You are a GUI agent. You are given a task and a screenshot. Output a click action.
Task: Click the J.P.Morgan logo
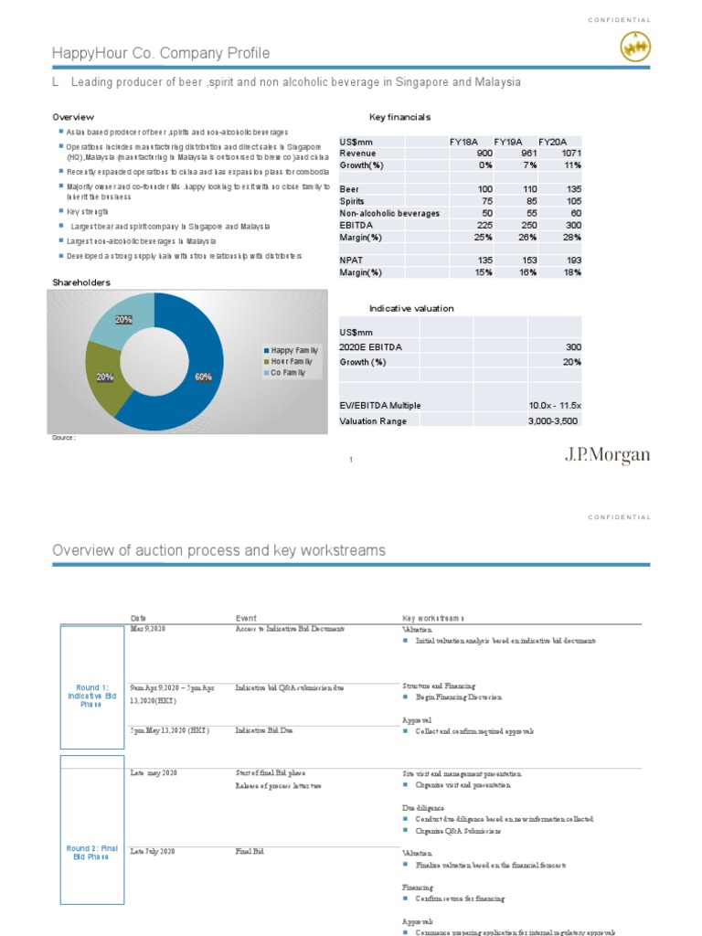pyautogui.click(x=607, y=454)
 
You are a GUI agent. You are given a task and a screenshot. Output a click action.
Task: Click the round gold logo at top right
pyautogui.click(x=635, y=48)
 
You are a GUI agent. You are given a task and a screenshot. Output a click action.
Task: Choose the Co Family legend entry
pyautogui.click(x=287, y=373)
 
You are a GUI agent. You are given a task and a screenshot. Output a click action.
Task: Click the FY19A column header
pyautogui.click(x=507, y=142)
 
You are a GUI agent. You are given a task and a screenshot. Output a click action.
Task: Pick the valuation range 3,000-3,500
pyautogui.click(x=553, y=420)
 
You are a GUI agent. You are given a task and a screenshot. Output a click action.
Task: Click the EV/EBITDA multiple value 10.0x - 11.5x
pyautogui.click(x=553, y=405)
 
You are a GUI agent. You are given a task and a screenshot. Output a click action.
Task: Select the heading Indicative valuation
pyautogui.click(x=410, y=309)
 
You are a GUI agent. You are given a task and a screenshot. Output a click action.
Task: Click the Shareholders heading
pyautogui.click(x=81, y=282)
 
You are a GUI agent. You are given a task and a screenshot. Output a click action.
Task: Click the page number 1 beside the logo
pyautogui.click(x=350, y=459)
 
